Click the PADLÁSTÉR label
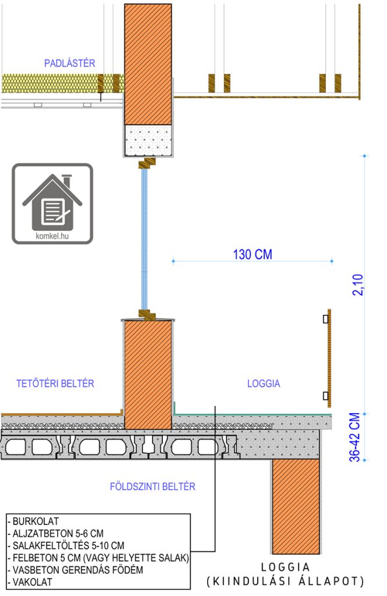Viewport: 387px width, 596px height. coord(70,63)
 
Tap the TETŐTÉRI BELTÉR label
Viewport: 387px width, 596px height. coord(55,383)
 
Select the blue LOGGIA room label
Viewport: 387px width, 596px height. coord(264,384)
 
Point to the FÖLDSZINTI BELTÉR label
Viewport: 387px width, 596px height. coord(152,487)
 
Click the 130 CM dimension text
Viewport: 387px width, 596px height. coord(253,254)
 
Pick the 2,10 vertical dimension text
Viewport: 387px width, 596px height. coord(358,285)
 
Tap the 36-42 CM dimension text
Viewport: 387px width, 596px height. coord(354,437)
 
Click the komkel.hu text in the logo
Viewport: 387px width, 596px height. coord(52,236)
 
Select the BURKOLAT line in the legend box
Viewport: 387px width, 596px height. coord(33,521)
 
